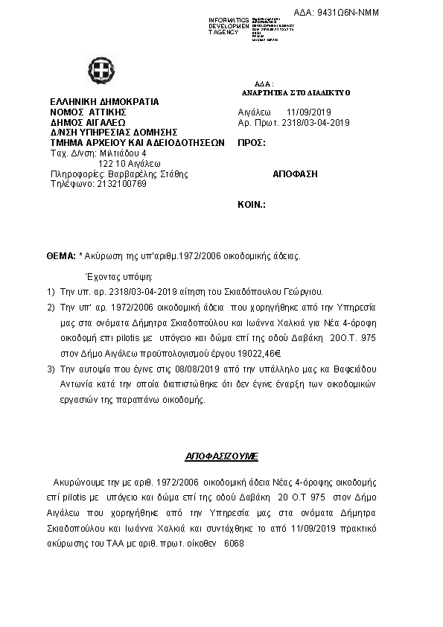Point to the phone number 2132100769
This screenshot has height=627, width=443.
[x=121, y=183]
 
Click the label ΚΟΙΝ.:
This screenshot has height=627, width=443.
[x=252, y=203]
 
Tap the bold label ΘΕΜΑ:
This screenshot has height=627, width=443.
[x=61, y=255]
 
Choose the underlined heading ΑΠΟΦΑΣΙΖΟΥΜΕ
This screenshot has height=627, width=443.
[x=221, y=453]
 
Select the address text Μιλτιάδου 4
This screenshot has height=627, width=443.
[x=115, y=152]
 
